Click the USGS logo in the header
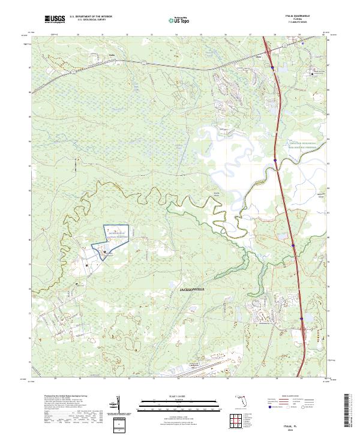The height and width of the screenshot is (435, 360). [55, 20]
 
